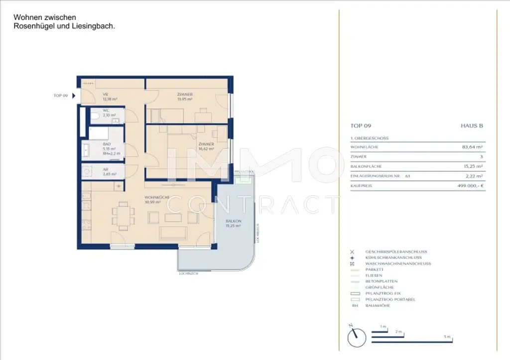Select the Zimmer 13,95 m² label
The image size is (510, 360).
pyautogui.click(x=185, y=97)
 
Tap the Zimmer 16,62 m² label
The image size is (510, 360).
pyautogui.click(x=205, y=146)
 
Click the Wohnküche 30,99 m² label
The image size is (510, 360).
pyautogui.click(x=157, y=200)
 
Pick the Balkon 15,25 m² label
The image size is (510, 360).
pyautogui.click(x=233, y=223)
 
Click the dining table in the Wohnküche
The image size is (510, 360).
pyautogui.click(x=123, y=216)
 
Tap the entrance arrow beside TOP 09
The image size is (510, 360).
pyautogui.click(x=74, y=96)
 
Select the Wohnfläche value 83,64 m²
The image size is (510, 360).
pyautogui.click(x=473, y=147)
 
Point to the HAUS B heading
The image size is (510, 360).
pyautogui.click(x=472, y=126)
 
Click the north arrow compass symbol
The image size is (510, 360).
pyautogui.click(x=355, y=336)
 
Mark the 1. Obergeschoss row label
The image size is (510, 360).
pyautogui.click(x=370, y=138)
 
